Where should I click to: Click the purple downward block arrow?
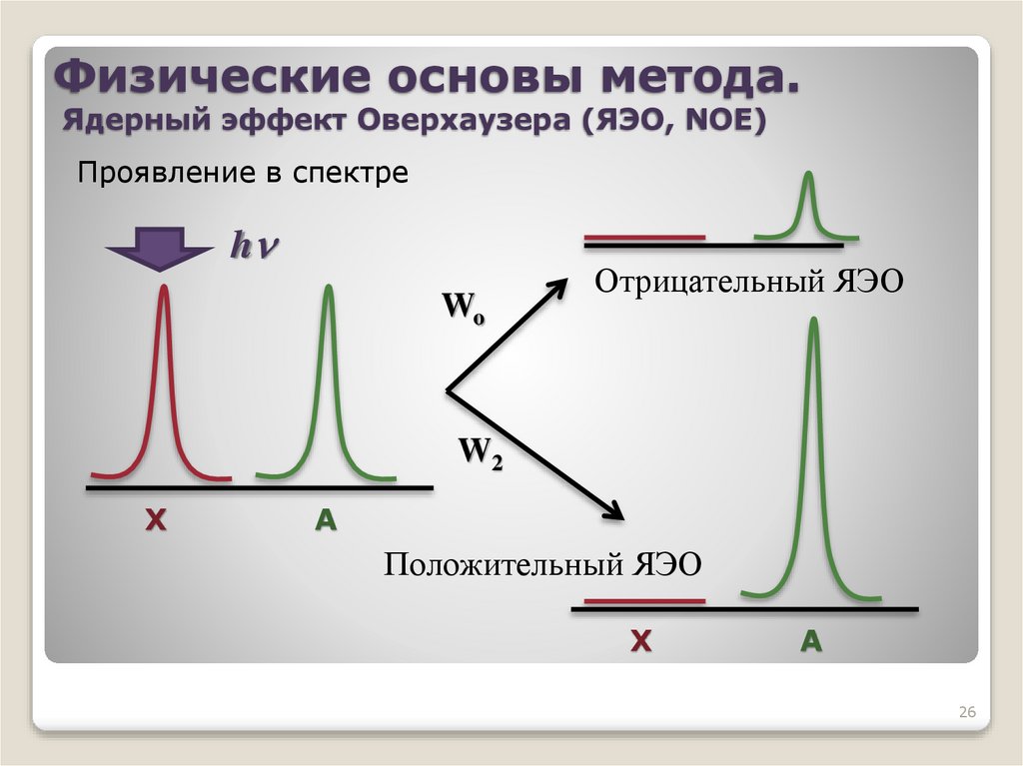[160, 249]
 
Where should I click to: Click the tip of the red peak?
[164, 291]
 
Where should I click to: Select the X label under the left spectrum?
[155, 519]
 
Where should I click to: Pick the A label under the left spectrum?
[326, 519]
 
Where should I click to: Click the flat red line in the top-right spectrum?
[644, 238]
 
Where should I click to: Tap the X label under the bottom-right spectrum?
[640, 642]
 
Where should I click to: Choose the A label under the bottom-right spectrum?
[810, 642]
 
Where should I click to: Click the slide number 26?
[966, 712]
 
